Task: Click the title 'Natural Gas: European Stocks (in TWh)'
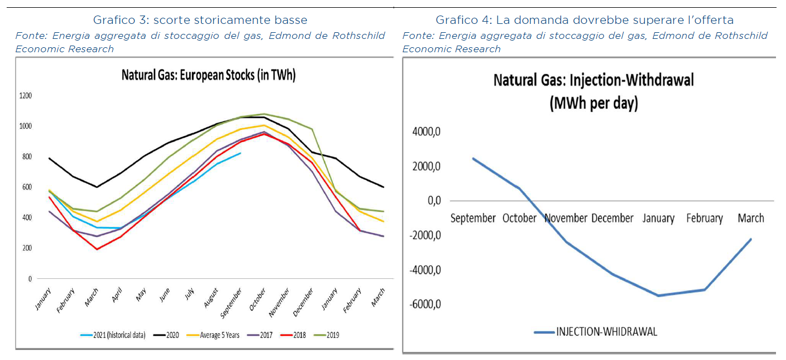(x=208, y=76)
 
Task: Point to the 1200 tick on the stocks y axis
(x=27, y=96)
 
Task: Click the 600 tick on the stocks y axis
(x=27, y=187)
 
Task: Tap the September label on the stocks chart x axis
(x=235, y=303)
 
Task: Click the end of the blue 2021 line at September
(x=240, y=153)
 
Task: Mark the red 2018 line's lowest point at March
(x=97, y=249)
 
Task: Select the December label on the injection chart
(x=612, y=218)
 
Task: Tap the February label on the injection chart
(x=704, y=218)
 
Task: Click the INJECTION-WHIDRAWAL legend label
(x=607, y=332)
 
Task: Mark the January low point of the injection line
(x=658, y=296)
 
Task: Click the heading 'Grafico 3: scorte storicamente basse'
(x=200, y=20)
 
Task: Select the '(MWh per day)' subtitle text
(x=593, y=103)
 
